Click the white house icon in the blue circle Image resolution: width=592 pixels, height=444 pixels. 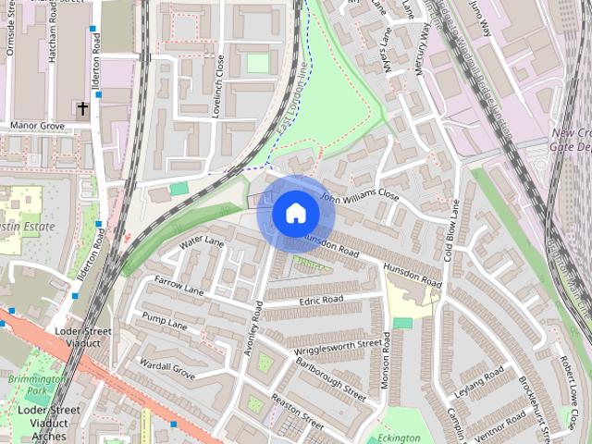point(295,214)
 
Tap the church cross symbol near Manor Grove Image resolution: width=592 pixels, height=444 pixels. point(82,109)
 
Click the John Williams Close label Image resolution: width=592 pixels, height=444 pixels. point(359,197)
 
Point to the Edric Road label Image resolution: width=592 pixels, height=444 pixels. point(321,300)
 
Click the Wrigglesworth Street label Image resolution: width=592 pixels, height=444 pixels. point(338,348)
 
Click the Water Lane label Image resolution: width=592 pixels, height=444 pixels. point(203,242)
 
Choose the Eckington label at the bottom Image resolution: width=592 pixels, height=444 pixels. point(399,438)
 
